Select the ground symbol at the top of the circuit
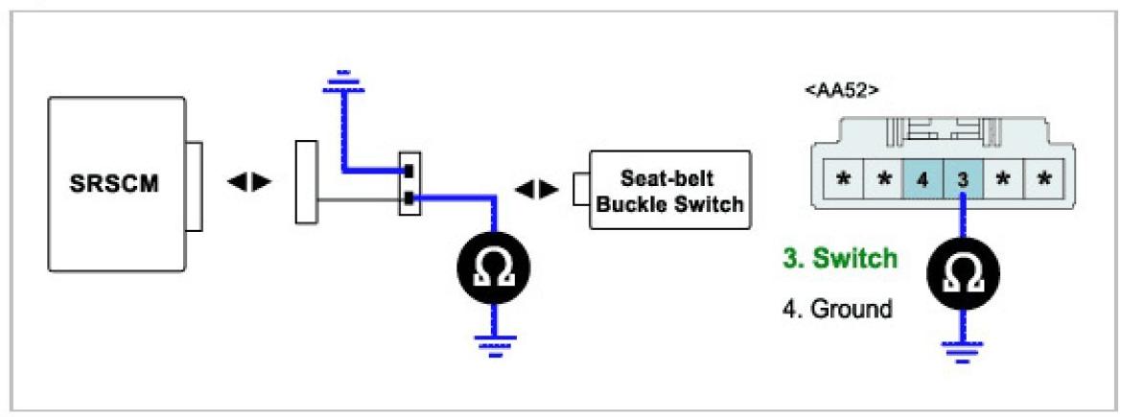(343, 90)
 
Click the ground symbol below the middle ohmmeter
(495, 348)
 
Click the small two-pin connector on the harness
(409, 185)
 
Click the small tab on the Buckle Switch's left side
(581, 188)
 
